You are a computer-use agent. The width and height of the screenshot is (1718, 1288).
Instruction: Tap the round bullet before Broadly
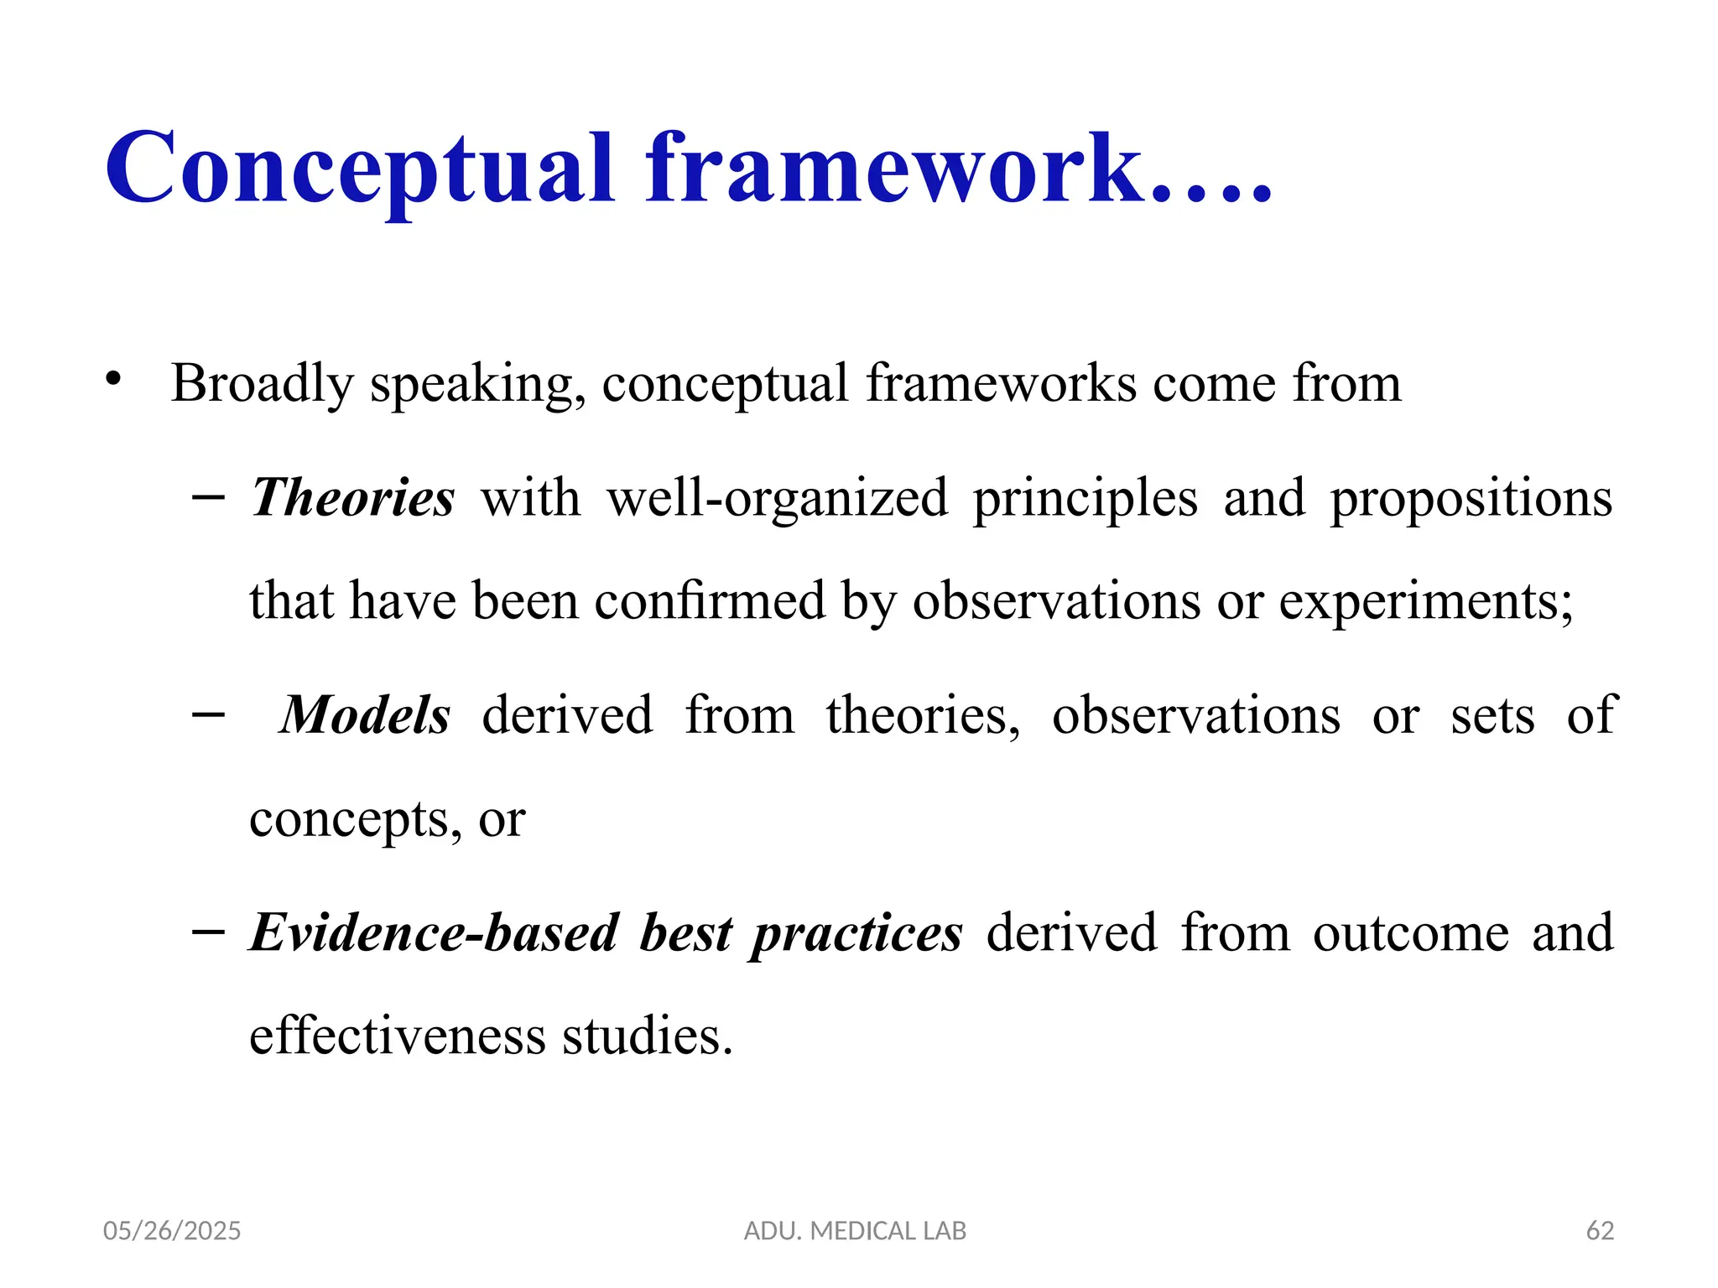pyautogui.click(x=114, y=380)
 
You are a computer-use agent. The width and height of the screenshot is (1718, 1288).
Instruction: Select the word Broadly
pyautogui.click(x=263, y=384)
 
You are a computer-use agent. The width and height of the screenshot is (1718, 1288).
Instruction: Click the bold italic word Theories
pyautogui.click(x=353, y=497)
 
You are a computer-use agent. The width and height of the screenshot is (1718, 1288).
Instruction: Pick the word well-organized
pyautogui.click(x=777, y=499)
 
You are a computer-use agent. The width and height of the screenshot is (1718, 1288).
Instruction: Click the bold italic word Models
pyautogui.click(x=365, y=715)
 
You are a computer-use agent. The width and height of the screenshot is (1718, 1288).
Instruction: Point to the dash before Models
pyautogui.click(x=208, y=714)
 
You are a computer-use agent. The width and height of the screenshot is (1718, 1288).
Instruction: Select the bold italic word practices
pyautogui.click(x=856, y=934)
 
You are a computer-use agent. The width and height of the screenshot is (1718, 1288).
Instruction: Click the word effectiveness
pyautogui.click(x=398, y=1036)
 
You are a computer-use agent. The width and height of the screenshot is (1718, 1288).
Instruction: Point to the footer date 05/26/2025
pyautogui.click(x=172, y=1231)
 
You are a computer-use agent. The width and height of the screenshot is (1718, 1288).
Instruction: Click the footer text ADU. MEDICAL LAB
pyautogui.click(x=855, y=1231)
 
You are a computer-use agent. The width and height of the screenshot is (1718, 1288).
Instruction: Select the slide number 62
pyautogui.click(x=1600, y=1231)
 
